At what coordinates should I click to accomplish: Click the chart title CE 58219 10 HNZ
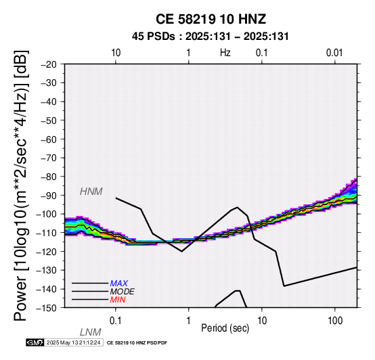point(211,19)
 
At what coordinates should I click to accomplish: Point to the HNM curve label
point(91,192)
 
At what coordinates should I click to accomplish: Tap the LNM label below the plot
point(91,332)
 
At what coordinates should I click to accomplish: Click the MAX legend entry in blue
point(119,284)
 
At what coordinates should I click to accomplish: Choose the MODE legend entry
point(123,292)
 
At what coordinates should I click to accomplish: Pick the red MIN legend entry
point(118,300)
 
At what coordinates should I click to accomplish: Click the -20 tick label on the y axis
point(49,64)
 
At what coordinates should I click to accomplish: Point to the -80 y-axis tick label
point(49,177)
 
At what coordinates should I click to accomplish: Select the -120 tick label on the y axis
point(47,252)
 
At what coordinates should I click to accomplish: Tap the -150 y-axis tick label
point(47,308)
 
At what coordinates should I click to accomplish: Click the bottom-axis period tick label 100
point(335,321)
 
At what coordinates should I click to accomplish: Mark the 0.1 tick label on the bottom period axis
point(116,321)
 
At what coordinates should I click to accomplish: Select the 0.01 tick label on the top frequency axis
point(334,53)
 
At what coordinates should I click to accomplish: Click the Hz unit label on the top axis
point(225,53)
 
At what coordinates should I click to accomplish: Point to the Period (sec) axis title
point(225,328)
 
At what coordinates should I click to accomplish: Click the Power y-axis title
point(20,185)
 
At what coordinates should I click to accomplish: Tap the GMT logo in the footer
point(35,342)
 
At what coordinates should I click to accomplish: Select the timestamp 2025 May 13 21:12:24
point(73,342)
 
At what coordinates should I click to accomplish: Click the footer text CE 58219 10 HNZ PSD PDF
point(137,343)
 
